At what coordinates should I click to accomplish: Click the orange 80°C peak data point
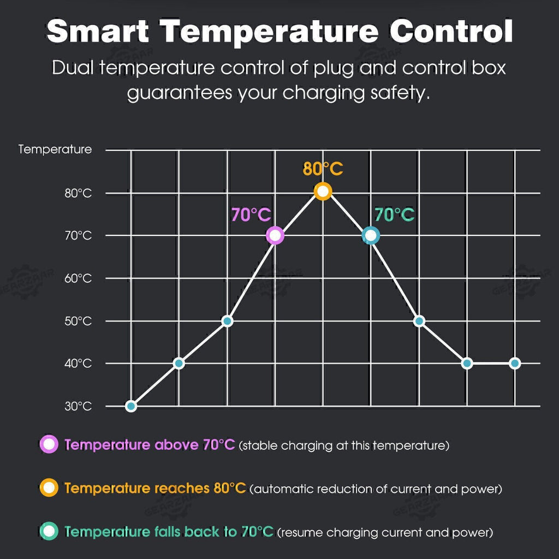pyautogui.click(x=323, y=192)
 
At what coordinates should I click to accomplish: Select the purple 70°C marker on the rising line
pyautogui.click(x=275, y=235)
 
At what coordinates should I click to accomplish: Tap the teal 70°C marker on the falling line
pyautogui.click(x=371, y=235)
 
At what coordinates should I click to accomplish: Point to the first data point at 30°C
pyautogui.click(x=131, y=406)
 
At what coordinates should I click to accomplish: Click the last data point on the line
pyautogui.click(x=514, y=363)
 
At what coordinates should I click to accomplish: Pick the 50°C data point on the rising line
pyautogui.click(x=227, y=321)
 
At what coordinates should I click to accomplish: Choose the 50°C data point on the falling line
pyautogui.click(x=419, y=321)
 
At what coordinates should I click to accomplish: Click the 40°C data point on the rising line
pyautogui.click(x=179, y=363)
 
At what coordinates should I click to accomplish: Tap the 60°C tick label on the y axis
pyautogui.click(x=78, y=278)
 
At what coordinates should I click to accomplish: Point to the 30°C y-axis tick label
pyautogui.click(x=78, y=406)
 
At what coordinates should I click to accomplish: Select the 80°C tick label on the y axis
pyautogui.click(x=78, y=193)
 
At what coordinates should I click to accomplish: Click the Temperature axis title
pyautogui.click(x=55, y=149)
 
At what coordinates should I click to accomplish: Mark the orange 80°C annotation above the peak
pyautogui.click(x=323, y=169)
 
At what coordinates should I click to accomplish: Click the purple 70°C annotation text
pyautogui.click(x=251, y=215)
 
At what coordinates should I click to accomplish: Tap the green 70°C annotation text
pyautogui.click(x=395, y=215)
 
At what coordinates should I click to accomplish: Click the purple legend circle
pyautogui.click(x=49, y=444)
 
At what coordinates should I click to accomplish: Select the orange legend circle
pyautogui.click(x=49, y=487)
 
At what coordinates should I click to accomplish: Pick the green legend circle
pyautogui.click(x=49, y=531)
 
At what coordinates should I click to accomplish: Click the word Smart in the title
pyautogui.click(x=98, y=31)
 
